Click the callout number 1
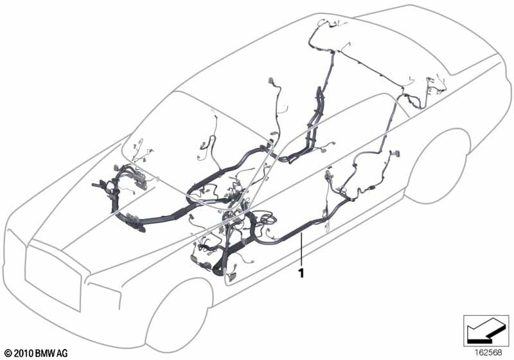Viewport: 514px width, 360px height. coord(301,273)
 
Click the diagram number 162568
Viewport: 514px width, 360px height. coord(488,352)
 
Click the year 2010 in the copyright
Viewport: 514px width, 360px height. coord(23,353)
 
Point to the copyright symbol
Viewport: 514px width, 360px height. coord(8,354)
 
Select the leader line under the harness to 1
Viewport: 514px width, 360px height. coord(301,250)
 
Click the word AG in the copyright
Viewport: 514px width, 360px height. coord(62,353)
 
